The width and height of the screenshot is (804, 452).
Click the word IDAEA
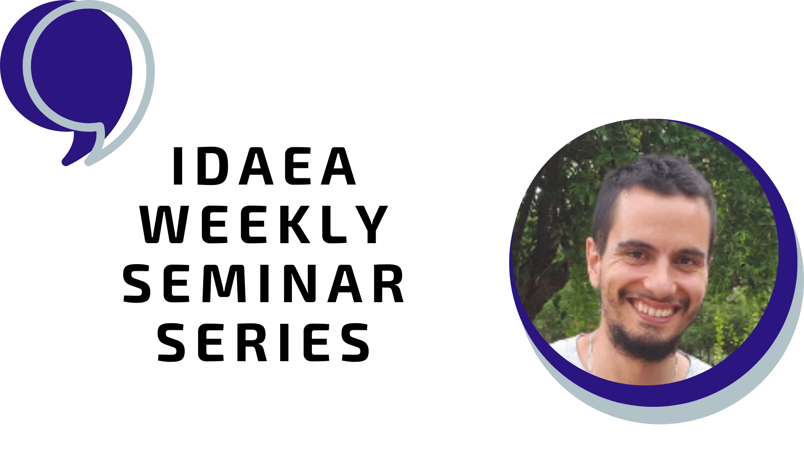coord(264,166)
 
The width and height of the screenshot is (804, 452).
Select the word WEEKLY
coord(264,225)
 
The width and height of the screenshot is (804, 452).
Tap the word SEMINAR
coord(264,283)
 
